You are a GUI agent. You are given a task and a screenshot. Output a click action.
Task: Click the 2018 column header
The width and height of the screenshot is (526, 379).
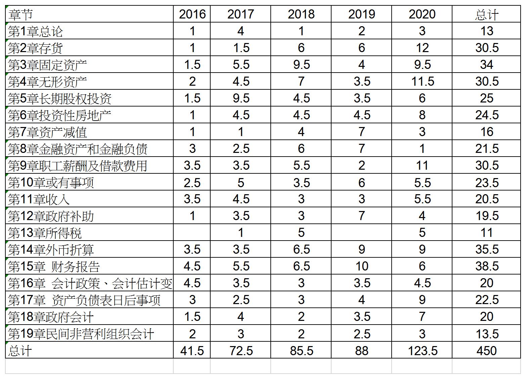[x=301, y=14]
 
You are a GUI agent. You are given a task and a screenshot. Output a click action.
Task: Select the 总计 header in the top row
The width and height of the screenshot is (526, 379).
[x=486, y=14]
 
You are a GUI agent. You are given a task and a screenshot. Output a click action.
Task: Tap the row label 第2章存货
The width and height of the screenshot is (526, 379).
[x=35, y=48]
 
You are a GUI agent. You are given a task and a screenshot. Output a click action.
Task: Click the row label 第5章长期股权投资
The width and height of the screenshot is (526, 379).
[x=60, y=98]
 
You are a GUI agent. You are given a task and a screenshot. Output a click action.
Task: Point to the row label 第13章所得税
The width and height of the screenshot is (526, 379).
[x=45, y=233]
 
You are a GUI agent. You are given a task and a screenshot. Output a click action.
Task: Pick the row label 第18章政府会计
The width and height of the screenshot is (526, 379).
[x=51, y=317]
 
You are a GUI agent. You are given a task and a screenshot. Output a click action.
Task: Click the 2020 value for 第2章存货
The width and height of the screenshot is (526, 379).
[x=422, y=48]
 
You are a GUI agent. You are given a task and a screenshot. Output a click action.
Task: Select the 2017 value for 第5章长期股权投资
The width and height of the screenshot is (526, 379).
[x=241, y=98]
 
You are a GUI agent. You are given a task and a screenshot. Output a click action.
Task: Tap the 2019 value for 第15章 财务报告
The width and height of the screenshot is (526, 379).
[x=361, y=266]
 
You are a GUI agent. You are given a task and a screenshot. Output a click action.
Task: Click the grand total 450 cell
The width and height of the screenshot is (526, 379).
[x=486, y=350]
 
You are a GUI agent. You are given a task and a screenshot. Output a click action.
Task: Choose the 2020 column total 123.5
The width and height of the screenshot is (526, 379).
[x=422, y=350]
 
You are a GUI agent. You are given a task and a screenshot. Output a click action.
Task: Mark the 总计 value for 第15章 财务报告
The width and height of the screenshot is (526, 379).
[x=486, y=266]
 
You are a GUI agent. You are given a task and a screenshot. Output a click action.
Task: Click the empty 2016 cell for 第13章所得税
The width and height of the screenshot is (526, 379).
[x=192, y=233]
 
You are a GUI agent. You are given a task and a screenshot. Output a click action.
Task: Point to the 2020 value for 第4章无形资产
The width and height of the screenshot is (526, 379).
[x=422, y=81]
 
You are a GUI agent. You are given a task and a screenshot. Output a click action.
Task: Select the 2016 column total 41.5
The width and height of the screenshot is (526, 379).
[x=192, y=350]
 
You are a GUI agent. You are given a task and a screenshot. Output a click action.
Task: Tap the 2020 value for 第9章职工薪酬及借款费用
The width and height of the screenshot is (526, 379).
[x=422, y=165]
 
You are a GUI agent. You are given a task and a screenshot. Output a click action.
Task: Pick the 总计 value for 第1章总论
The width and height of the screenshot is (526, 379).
[x=486, y=31]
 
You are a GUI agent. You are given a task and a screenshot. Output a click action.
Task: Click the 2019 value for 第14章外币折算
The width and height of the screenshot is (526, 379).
[x=361, y=249]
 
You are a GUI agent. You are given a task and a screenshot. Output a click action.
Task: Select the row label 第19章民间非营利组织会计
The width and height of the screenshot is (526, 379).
[x=81, y=334]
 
